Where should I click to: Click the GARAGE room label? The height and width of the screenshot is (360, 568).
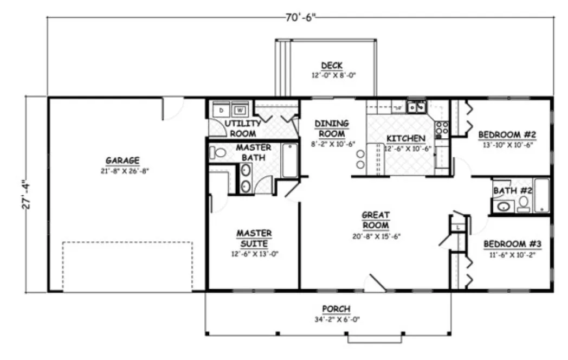click(122, 160)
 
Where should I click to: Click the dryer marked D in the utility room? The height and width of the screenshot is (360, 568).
click(221, 111)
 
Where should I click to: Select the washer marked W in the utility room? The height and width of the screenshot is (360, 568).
click(239, 111)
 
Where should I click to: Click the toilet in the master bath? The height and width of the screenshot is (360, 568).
click(218, 153)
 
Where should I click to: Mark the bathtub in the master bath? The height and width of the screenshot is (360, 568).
click(290, 160)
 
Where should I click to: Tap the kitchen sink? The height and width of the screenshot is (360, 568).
click(418, 107)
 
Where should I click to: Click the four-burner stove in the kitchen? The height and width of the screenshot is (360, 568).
click(442, 128)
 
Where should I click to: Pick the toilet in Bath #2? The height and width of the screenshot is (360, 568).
click(524, 203)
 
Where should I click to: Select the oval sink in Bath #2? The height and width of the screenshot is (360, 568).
click(504, 206)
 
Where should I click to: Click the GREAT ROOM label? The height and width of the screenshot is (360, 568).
click(376, 220)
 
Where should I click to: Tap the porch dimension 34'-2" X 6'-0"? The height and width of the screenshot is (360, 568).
click(336, 319)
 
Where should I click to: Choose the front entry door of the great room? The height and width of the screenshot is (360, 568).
click(376, 283)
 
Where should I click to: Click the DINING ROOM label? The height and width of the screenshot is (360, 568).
click(332, 128)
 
